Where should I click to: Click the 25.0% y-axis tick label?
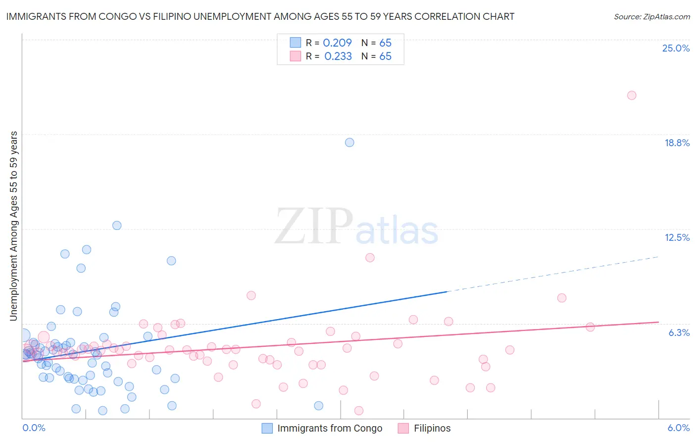(676, 48)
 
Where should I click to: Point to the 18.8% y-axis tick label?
(677, 143)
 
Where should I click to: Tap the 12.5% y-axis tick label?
(677, 237)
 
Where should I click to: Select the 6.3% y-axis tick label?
(679, 332)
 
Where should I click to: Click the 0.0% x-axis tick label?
(34, 428)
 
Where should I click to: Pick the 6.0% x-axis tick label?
(678, 428)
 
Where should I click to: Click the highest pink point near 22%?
(632, 95)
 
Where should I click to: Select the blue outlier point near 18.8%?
(349, 142)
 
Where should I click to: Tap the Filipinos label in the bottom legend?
(432, 428)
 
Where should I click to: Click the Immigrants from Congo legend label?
(330, 428)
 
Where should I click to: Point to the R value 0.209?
(337, 43)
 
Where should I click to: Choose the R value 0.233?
(338, 56)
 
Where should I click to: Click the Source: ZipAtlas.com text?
(651, 17)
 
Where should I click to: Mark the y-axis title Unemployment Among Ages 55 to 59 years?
(14, 226)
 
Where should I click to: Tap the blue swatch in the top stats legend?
(296, 43)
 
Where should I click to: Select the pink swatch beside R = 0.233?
(296, 56)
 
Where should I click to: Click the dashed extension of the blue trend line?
(554, 274)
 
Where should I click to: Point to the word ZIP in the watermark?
(313, 226)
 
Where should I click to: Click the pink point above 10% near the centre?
(370, 257)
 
